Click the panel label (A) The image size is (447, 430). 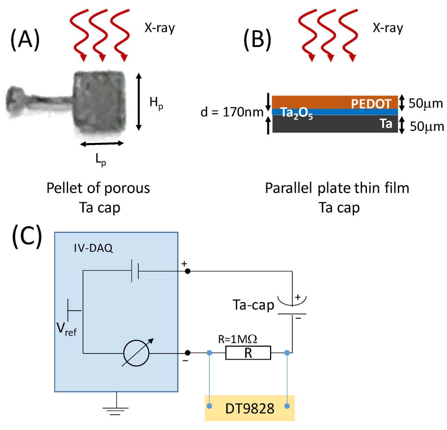coord(25,40)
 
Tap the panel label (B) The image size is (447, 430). coord(257,40)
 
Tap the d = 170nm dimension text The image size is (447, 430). coord(232,112)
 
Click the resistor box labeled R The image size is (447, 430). coord(248,353)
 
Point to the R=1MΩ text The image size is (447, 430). coord(237,339)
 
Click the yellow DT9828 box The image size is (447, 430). coord(250,408)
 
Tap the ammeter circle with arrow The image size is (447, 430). coord(136,353)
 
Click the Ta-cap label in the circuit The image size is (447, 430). coord(253,305)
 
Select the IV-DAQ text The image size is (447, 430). coord(93,248)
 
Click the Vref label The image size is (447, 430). coord(66,329)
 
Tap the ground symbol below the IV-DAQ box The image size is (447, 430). coord(116,410)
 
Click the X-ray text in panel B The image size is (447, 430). coord(388,28)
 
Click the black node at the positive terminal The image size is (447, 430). coord(188,271)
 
